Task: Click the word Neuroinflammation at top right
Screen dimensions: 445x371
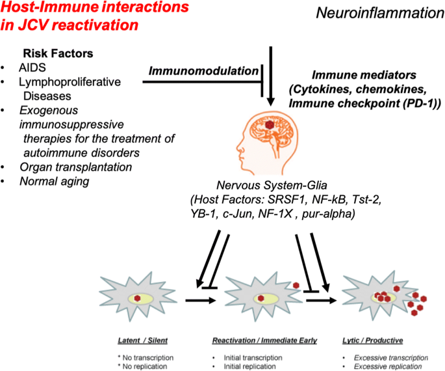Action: point(380,13)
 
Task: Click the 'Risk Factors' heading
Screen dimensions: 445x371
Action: point(58,53)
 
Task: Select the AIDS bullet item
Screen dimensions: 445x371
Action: point(32,68)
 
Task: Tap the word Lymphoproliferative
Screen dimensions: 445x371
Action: point(70,82)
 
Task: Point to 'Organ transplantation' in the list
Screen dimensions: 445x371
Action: point(76,167)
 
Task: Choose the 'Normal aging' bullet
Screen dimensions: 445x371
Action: point(55,182)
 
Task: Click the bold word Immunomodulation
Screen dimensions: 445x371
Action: point(203,71)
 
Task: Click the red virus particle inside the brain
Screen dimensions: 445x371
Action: point(269,124)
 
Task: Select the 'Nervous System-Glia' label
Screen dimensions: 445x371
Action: point(272,185)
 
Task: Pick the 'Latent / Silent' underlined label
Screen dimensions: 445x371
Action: point(143,340)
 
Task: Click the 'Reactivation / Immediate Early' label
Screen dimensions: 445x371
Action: point(264,340)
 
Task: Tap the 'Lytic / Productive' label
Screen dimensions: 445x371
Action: point(373,340)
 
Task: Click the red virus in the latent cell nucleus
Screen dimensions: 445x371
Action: point(137,298)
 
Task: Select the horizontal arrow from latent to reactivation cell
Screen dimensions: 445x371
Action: point(201,300)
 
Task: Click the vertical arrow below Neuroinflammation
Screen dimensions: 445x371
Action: point(271,76)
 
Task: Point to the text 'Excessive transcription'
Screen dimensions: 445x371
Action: point(391,357)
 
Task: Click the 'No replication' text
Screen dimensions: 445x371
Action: point(144,366)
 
